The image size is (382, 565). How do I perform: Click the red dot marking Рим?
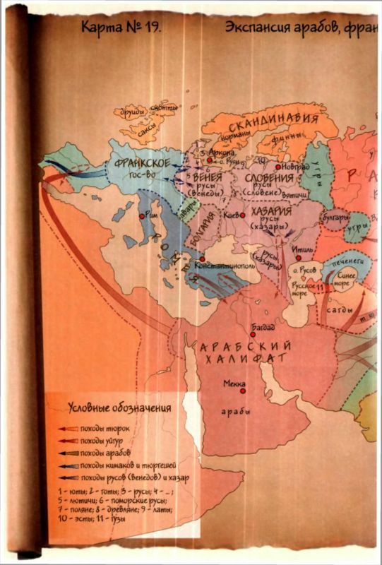coord(143,216)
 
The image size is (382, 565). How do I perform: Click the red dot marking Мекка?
coord(242,390)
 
